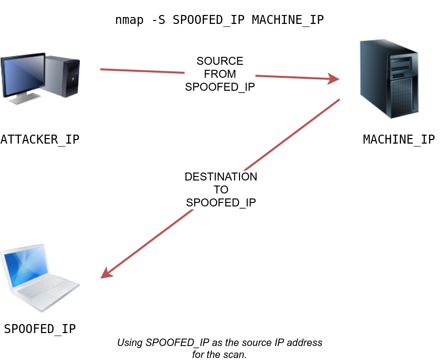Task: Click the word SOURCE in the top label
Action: coord(220,61)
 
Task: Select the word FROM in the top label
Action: coord(220,74)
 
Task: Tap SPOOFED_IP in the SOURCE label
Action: coord(220,86)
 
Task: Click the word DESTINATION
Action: coord(221,177)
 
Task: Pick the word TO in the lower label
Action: coord(221,190)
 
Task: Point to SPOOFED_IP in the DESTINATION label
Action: coord(221,202)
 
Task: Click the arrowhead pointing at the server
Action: coord(334,79)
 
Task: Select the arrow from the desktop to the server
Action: coord(150,71)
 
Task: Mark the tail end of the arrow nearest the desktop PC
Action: coord(101,69)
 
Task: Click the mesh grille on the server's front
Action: coord(404,97)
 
